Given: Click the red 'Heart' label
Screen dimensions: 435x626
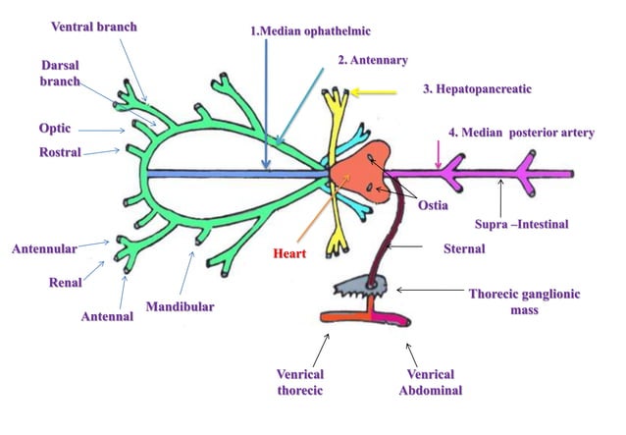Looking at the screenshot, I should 289,253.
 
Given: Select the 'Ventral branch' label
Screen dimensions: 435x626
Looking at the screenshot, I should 93,27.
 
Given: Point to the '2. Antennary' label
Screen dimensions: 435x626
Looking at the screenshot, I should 372,60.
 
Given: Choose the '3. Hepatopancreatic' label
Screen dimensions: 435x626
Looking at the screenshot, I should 477,89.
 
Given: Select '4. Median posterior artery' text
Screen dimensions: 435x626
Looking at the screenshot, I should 521,133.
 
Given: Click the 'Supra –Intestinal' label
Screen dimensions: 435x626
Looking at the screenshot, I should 521,224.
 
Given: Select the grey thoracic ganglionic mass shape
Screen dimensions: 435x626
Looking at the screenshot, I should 360,288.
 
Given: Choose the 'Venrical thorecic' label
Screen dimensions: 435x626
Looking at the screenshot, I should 300,382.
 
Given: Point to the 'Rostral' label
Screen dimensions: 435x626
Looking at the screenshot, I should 60,152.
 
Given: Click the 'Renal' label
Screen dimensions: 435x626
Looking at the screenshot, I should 65,283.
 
